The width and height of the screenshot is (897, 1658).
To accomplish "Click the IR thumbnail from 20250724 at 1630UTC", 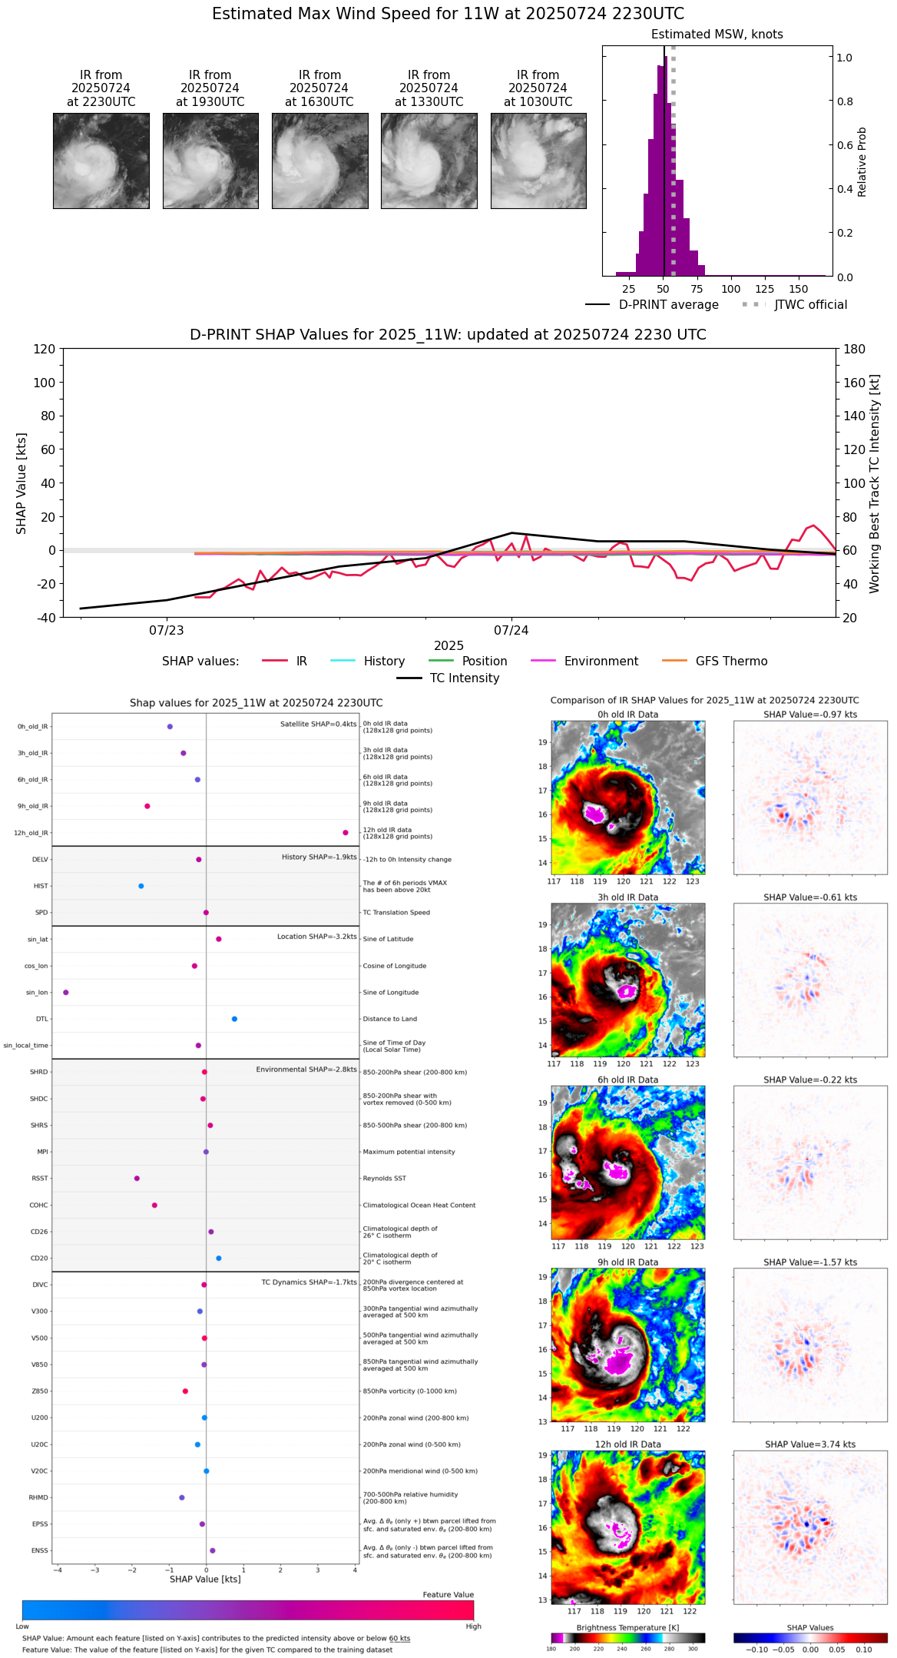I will coord(319,161).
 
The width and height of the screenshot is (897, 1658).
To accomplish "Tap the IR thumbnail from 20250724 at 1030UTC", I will coord(538,161).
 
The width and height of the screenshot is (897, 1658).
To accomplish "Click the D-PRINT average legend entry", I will coord(653,305).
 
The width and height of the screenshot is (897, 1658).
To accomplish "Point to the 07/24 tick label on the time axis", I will coord(511,631).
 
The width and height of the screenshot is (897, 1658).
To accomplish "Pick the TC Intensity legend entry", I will coord(448,678).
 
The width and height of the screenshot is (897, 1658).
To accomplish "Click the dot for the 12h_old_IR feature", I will coord(346,833).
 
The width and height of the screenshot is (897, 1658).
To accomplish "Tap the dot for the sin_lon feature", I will coord(66,993).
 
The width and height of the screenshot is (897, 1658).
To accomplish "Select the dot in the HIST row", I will coord(141,886).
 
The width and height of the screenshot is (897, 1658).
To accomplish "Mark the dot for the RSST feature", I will coord(137,1179).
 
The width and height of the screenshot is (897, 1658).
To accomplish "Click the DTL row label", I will coord(41,1020).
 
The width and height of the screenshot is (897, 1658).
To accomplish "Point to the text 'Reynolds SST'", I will coord(385,1179).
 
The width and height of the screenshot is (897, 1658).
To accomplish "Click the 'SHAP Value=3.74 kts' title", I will coord(810,1444).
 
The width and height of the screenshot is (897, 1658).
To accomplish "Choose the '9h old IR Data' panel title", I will coord(627,1262).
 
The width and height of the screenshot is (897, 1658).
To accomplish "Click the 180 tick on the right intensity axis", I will coord(855,349).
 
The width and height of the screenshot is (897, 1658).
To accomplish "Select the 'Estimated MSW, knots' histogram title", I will coord(717,35).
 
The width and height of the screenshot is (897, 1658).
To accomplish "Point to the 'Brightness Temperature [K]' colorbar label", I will coord(627,1627).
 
